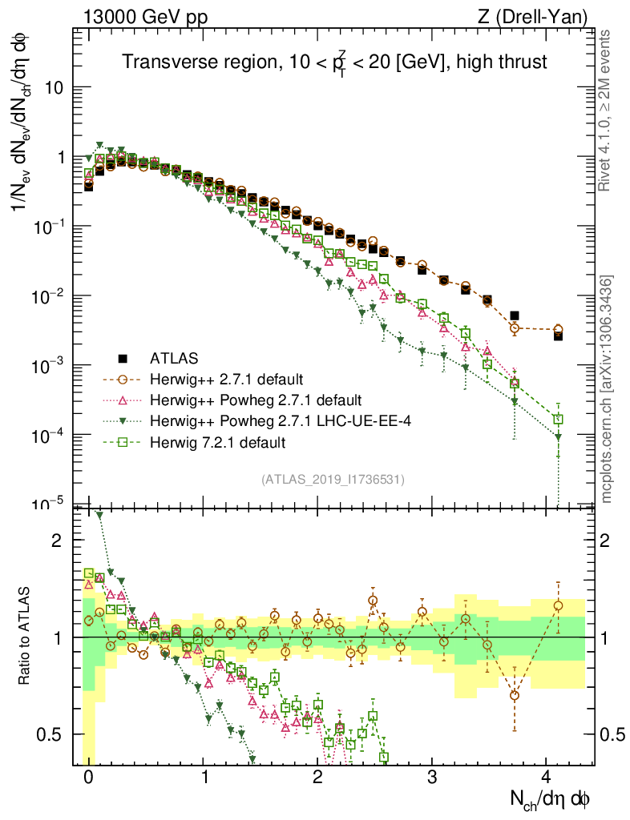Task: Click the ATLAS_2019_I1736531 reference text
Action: click(333, 479)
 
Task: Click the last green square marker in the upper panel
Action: click(558, 419)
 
